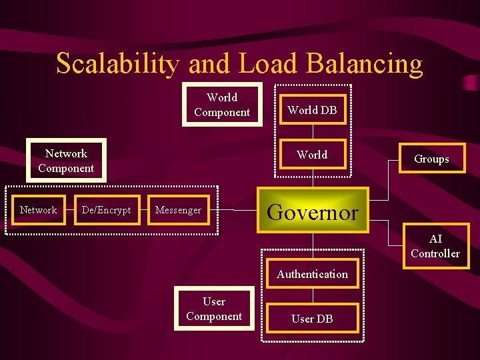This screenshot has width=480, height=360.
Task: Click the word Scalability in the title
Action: coord(118,64)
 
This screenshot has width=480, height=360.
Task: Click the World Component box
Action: coord(222,105)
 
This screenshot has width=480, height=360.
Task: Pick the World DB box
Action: coord(312,110)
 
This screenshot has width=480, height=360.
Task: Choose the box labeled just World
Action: coord(312,155)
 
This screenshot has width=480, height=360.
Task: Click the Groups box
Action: coord(431,159)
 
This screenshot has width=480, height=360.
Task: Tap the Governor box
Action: coord(313,211)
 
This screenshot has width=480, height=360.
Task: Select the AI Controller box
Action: coord(435,246)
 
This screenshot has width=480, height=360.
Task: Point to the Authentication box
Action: coord(312,274)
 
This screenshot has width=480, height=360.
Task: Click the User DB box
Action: coord(312,319)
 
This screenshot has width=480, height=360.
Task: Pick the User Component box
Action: coord(214,309)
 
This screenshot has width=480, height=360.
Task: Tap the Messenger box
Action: coord(178,210)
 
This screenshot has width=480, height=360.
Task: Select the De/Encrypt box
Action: coord(106,210)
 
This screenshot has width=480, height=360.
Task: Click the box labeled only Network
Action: coord(38,210)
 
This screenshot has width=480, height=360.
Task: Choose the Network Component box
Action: coord(66,161)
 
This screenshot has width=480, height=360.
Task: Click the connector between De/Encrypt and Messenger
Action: coord(143,210)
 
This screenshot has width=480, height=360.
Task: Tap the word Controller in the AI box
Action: coord(435,253)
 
